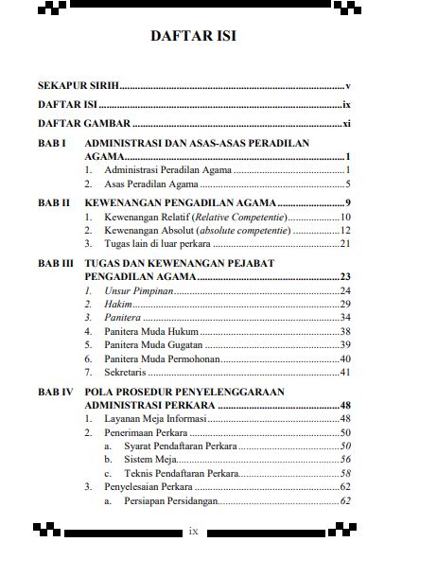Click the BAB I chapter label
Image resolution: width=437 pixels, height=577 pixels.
tap(50, 143)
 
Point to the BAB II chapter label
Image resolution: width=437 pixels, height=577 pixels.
tap(53, 202)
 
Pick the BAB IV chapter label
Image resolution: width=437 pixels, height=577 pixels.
tap(54, 391)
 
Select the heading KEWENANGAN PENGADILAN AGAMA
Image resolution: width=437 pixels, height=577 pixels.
tap(180, 202)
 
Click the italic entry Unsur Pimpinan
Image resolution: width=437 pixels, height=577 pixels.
tap(139, 290)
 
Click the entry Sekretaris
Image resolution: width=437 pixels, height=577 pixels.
tap(128, 373)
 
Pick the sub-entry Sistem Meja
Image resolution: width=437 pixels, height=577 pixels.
tap(152, 459)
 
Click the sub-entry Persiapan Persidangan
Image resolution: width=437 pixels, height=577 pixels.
tap(171, 500)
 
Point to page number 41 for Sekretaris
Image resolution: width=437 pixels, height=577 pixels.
tap(345, 373)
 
